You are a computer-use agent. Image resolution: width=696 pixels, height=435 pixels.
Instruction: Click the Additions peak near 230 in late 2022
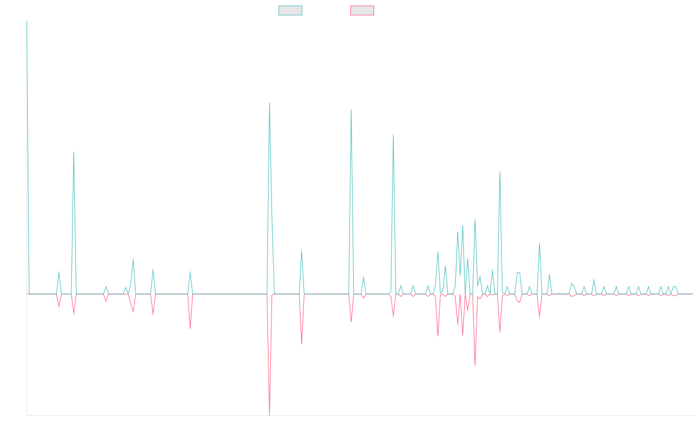tap(270, 103)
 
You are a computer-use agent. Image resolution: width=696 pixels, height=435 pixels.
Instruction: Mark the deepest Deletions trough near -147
tap(270, 415)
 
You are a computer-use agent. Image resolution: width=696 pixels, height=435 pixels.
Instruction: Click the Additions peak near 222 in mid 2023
tap(351, 110)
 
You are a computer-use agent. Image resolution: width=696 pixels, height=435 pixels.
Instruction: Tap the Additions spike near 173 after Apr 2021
tap(74, 151)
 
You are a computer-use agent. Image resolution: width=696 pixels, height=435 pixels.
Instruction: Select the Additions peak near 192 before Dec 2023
tap(393, 135)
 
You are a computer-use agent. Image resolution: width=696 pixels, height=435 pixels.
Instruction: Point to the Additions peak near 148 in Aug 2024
tap(499, 171)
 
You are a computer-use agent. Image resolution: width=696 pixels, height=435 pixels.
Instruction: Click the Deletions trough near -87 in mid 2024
tap(475, 366)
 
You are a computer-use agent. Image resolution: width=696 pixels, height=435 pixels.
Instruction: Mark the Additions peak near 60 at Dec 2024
tap(539, 244)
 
